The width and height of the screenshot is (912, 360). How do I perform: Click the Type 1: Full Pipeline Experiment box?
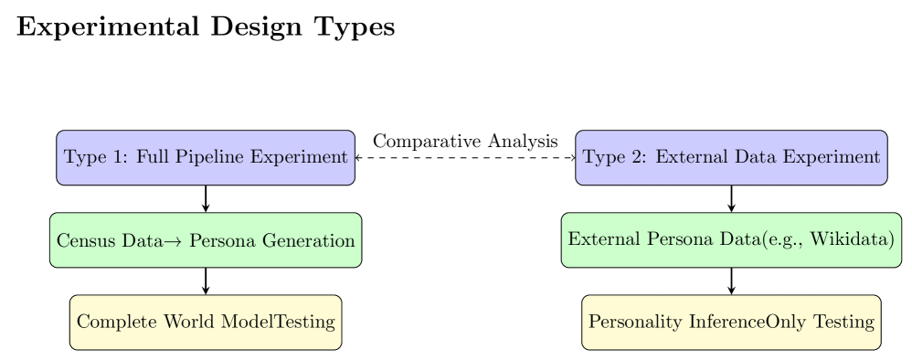206,157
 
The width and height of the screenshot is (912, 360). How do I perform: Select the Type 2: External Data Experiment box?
731,157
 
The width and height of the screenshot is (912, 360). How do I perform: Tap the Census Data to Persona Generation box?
206,240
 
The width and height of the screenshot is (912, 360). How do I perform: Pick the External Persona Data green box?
731,240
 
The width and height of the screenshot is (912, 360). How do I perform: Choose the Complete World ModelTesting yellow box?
206,322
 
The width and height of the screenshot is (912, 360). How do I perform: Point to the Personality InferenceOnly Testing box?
731,322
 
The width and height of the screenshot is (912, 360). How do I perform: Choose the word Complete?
113,323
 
